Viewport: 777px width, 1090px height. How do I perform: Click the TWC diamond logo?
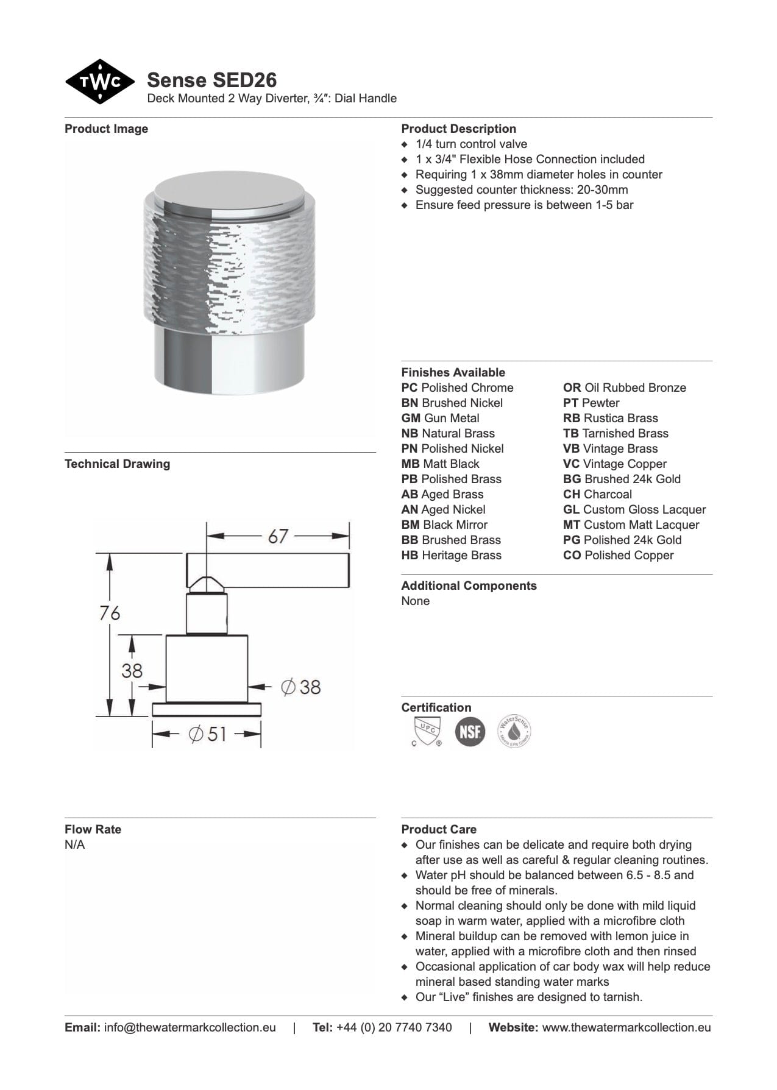(x=99, y=82)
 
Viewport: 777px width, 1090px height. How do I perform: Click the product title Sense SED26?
(x=211, y=80)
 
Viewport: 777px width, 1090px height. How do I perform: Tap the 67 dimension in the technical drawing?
(x=278, y=536)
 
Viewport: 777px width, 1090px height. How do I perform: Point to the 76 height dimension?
(x=110, y=613)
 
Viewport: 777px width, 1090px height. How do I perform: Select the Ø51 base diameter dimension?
(x=208, y=734)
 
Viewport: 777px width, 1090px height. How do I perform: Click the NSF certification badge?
(x=470, y=731)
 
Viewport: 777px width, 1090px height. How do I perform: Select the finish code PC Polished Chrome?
(x=457, y=388)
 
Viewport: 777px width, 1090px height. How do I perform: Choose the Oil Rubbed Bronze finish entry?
(x=624, y=388)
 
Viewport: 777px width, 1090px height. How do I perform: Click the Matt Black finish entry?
(x=440, y=464)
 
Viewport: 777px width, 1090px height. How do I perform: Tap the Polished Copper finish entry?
(x=618, y=556)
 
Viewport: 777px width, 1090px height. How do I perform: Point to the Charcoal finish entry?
(x=597, y=495)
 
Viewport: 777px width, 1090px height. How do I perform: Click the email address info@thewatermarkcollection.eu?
(x=190, y=1028)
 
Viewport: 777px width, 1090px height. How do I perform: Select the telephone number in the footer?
(x=394, y=1028)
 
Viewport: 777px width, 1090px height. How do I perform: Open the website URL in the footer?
(x=626, y=1028)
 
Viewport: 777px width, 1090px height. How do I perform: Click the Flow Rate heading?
(x=93, y=830)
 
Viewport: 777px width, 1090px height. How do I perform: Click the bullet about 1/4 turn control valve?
(x=471, y=144)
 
